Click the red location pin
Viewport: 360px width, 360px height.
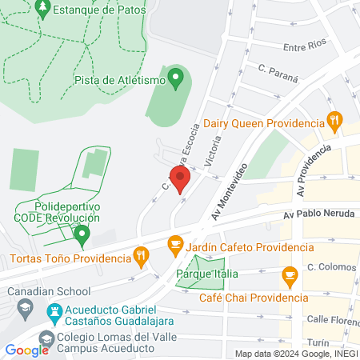pos(180,178)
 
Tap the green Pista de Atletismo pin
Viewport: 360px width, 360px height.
pos(177,78)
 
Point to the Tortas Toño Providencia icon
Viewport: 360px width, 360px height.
pos(142,258)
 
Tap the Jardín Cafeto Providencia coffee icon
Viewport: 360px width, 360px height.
pos(174,244)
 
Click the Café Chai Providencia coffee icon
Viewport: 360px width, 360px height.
pos(290,278)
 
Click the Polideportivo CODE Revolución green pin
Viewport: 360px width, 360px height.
pos(81,234)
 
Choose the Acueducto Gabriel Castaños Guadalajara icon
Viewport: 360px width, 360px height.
pos(54,310)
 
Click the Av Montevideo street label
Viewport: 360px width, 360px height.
pos(230,191)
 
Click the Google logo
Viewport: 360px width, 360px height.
pos(26,350)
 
